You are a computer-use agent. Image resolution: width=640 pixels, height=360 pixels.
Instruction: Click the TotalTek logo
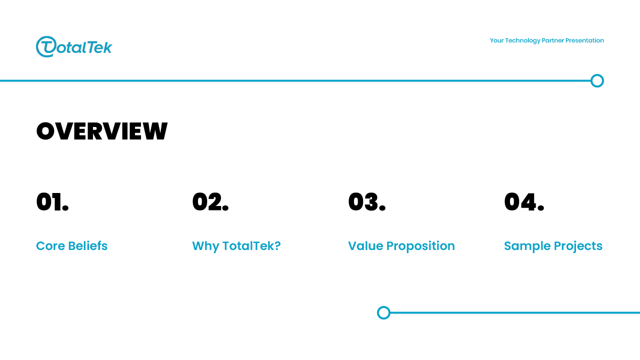coord(74,46)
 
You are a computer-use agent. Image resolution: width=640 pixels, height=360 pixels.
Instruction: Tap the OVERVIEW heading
coord(101,131)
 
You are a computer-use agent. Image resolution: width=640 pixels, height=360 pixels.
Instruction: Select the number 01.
coord(52,201)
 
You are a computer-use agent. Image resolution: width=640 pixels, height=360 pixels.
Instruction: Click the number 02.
coord(210,201)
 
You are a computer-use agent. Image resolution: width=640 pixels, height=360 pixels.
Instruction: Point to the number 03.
coord(367,201)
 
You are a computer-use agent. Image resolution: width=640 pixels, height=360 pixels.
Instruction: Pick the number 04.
coord(524,201)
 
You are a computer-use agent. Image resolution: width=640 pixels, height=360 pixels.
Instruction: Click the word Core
coord(50,246)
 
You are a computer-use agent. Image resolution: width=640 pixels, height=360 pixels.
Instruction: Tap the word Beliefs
coord(87,245)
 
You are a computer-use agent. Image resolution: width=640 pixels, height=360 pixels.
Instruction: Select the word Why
coord(205,246)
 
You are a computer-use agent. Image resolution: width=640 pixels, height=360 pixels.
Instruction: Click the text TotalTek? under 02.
coord(251,245)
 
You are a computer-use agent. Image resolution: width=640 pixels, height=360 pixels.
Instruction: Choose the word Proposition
coord(420,246)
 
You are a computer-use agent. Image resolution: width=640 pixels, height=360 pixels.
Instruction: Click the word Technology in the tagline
coord(522,40)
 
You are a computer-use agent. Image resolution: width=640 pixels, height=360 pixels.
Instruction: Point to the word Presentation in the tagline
coord(584,40)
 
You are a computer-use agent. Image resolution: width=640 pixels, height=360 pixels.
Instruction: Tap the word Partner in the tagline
coord(553,40)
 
